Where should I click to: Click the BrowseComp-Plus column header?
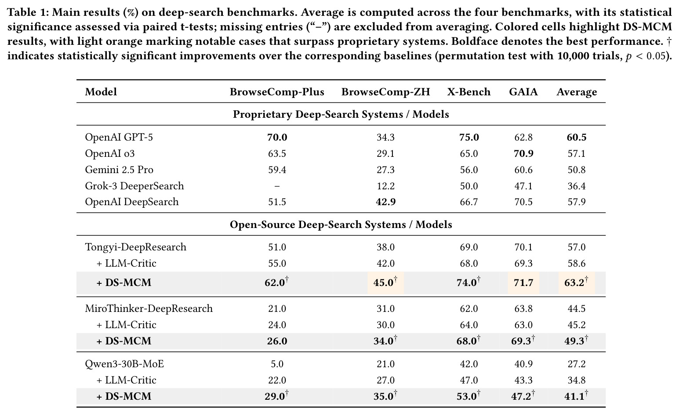(x=277, y=92)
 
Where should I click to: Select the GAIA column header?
(x=523, y=92)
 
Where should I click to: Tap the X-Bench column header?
(x=468, y=92)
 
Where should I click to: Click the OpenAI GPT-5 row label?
(x=119, y=137)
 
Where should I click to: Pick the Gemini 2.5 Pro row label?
(x=119, y=170)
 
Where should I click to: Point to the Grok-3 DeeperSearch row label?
(x=134, y=186)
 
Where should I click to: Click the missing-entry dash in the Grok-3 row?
(x=277, y=186)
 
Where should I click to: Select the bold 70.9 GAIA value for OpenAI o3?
(x=523, y=154)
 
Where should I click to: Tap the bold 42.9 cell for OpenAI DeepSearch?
(x=385, y=202)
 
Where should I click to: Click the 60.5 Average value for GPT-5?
(x=577, y=137)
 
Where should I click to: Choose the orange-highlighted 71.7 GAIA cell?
(x=523, y=283)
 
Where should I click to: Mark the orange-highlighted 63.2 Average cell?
(x=576, y=283)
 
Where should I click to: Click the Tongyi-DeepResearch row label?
(x=135, y=247)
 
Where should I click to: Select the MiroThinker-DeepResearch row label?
(x=149, y=308)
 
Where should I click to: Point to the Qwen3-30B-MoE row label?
(x=124, y=364)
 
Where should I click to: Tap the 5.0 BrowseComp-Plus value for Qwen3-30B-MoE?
(x=277, y=364)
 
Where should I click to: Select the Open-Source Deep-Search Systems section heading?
(x=341, y=224)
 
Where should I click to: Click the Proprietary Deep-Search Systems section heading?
(x=341, y=114)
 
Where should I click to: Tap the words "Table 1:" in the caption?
(x=28, y=12)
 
